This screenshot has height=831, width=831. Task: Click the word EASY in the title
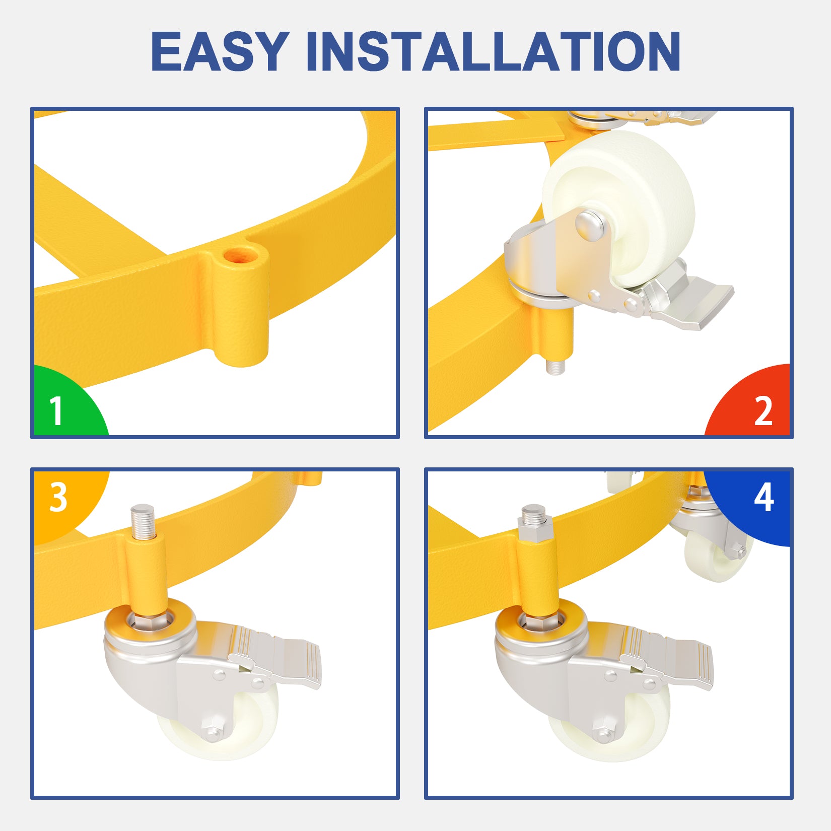coord(220,51)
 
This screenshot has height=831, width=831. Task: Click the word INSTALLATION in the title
coord(494,51)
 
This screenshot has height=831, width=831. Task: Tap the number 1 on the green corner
coord(56,410)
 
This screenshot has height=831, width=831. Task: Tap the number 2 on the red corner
coord(763,410)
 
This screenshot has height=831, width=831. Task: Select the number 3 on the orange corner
coord(58,497)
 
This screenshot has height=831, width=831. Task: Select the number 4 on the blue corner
coord(764,497)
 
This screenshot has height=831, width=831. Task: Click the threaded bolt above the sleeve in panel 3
coord(143,521)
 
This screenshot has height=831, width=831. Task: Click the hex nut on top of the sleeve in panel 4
coord(535,531)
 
